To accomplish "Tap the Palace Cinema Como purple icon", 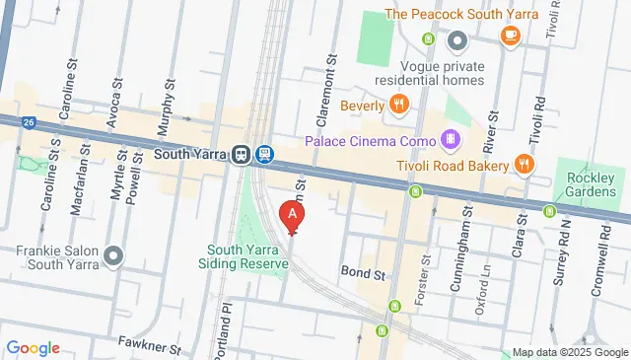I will pyautogui.click(x=451, y=139).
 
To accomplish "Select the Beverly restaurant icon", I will pyautogui.click(x=398, y=105).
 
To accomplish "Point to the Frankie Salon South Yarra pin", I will pyautogui.click(x=113, y=257).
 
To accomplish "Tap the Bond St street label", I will pyautogui.click(x=360, y=269).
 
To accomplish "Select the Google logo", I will pyautogui.click(x=33, y=348).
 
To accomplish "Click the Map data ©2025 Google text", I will pyautogui.click(x=570, y=352).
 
